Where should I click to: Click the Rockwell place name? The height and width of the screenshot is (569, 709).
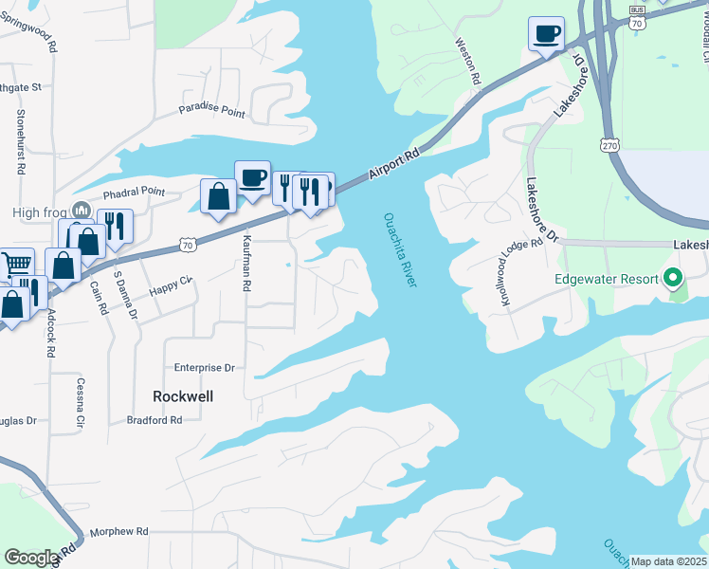tap(182, 396)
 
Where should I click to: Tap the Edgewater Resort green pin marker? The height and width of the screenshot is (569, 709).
tap(673, 278)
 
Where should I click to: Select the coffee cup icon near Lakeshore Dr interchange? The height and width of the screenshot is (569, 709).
tap(546, 35)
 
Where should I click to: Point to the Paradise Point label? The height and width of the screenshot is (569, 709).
tap(212, 112)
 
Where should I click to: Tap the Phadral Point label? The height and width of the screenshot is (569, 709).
tap(133, 192)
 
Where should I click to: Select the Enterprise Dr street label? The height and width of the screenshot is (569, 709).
tap(203, 367)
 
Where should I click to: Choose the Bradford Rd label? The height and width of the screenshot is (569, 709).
tap(155, 420)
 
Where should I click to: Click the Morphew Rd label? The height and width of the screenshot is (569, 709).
tap(119, 532)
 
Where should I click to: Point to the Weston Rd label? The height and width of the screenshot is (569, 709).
tap(466, 59)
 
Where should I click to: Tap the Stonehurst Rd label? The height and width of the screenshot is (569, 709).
tap(20, 142)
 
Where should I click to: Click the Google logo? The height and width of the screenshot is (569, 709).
tap(31, 558)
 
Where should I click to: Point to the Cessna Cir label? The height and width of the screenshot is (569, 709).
tap(81, 401)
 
